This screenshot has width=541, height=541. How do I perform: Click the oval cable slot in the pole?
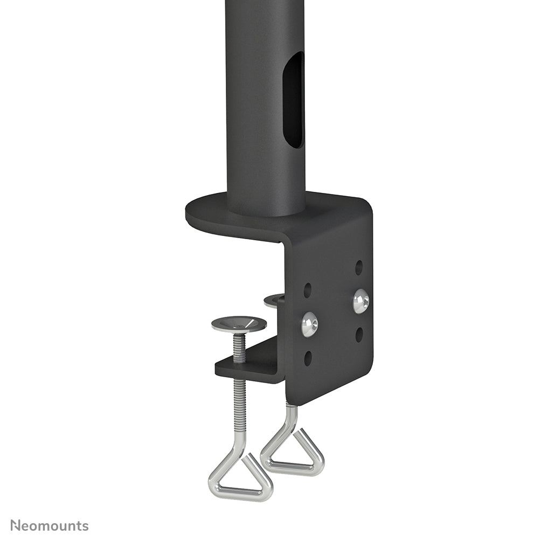pyautogui.click(x=294, y=100)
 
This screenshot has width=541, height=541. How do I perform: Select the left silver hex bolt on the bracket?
pyautogui.click(x=309, y=325)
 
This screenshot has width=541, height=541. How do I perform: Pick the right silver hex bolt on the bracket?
pyautogui.click(x=361, y=301)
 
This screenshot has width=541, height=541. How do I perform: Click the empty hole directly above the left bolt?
pyautogui.click(x=308, y=290)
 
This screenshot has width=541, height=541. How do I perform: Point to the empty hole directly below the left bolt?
pyautogui.click(x=308, y=358)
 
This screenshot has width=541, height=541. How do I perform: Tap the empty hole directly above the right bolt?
pyautogui.click(x=359, y=267)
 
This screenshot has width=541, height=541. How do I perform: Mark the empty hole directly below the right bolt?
pyautogui.click(x=359, y=335)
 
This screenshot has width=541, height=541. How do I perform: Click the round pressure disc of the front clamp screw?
pyautogui.click(x=239, y=324)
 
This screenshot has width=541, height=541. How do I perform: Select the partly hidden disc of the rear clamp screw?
pyautogui.click(x=274, y=300)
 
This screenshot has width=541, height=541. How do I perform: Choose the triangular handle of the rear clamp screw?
pyautogui.click(x=294, y=455)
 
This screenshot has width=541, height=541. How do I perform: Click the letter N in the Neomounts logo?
pyautogui.click(x=16, y=525)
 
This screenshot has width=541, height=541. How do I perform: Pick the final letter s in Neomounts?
pyautogui.click(x=85, y=526)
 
